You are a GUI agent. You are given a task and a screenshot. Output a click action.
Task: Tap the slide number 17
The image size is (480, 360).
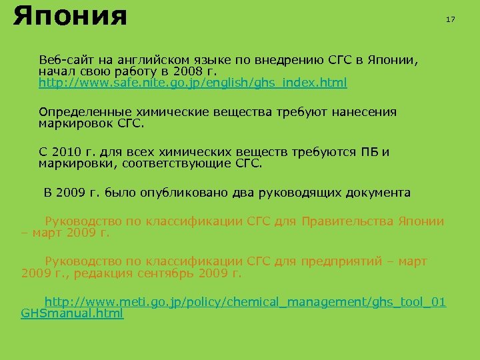click(x=450, y=19)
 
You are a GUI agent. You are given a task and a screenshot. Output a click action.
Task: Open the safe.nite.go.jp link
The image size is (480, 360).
click(x=193, y=83)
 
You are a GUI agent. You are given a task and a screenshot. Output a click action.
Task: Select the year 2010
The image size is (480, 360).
click(x=66, y=152)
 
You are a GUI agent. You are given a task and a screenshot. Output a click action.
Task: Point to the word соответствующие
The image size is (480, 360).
click(x=177, y=164)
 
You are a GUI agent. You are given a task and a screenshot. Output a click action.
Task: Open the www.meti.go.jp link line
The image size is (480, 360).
click(x=245, y=302)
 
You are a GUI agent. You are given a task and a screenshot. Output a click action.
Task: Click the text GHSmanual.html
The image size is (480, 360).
click(x=72, y=314)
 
